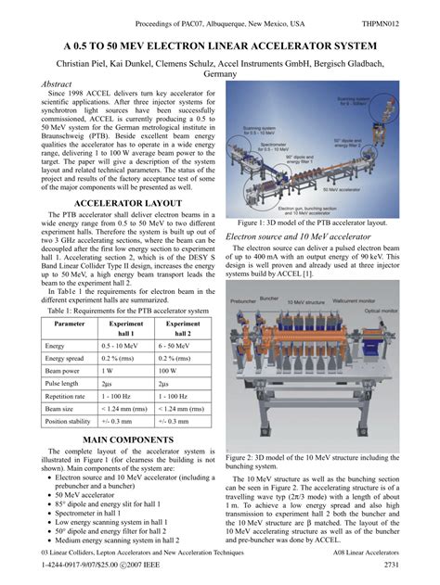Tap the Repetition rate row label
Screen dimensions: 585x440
pyautogui.click(x=69, y=395)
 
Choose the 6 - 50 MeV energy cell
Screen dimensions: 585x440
pyautogui.click(x=181, y=345)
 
